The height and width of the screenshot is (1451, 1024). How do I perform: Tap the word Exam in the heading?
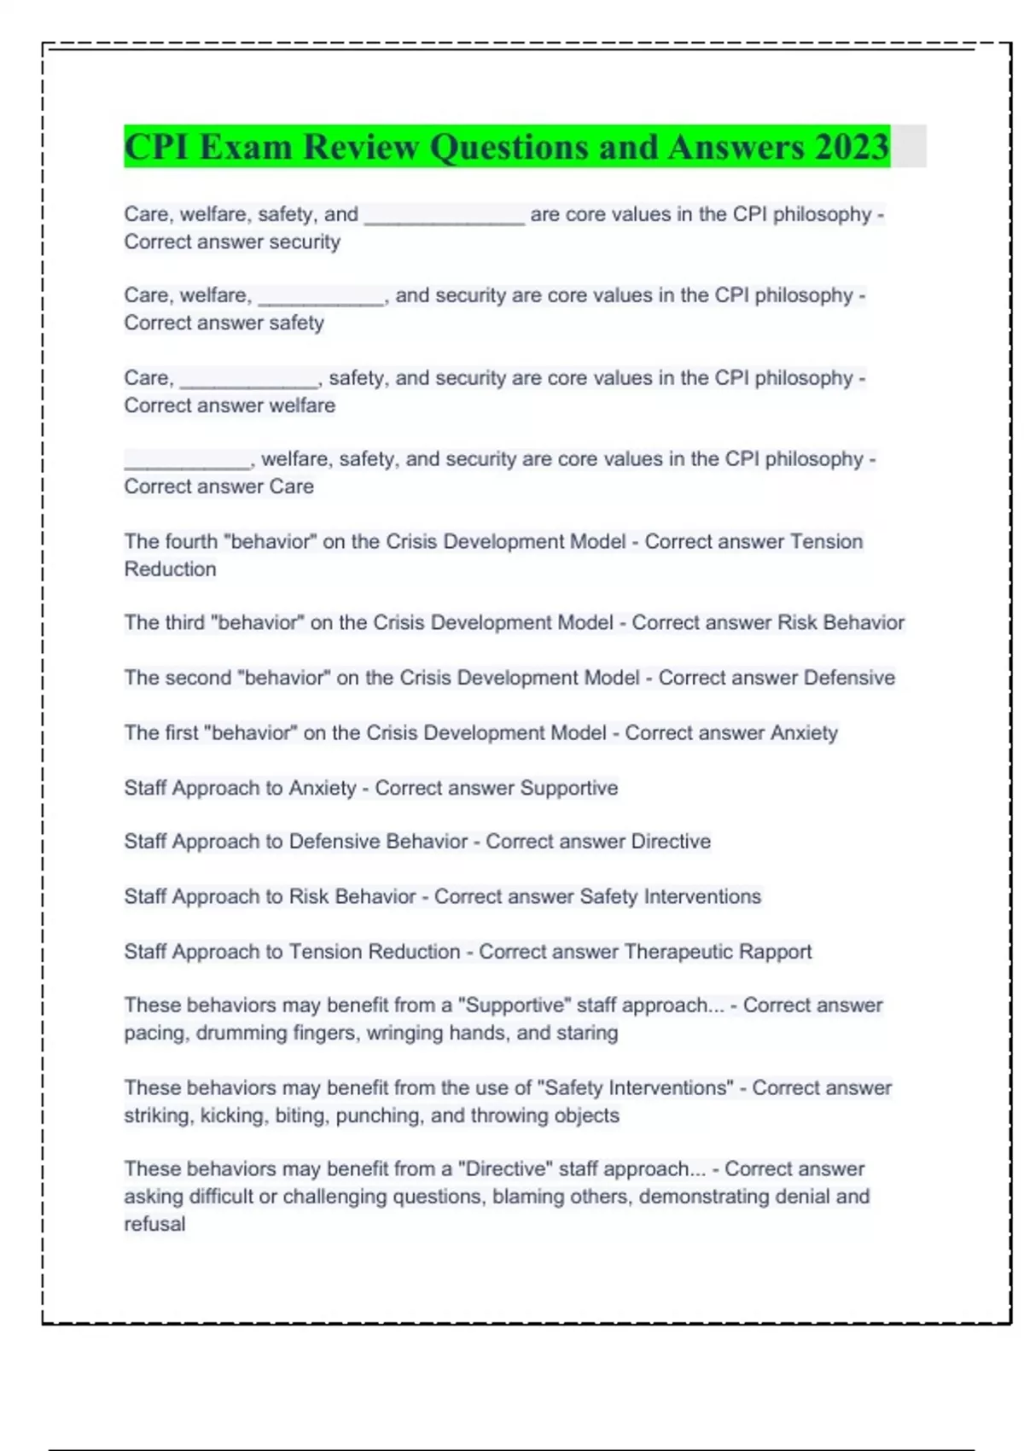pos(246,147)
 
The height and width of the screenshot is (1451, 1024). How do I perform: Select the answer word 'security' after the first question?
pos(305,242)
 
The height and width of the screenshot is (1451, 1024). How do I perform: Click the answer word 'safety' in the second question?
pos(296,323)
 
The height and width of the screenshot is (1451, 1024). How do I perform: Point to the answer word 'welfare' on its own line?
pos(302,405)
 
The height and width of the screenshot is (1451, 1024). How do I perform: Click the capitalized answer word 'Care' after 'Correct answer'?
pos(292,487)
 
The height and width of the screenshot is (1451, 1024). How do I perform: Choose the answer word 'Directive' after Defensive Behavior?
pos(671,842)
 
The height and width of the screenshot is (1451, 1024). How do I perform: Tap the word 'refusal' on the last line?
pos(154,1224)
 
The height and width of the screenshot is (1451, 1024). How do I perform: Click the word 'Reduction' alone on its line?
pos(170,569)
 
